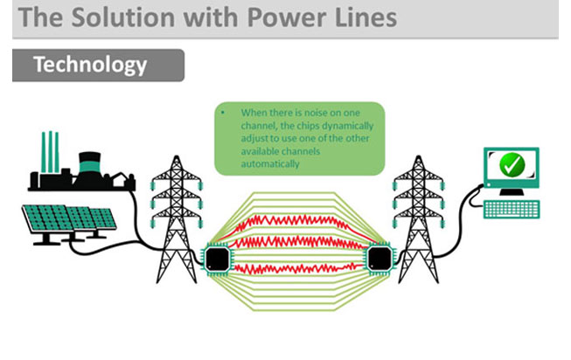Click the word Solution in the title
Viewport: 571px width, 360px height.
[x=123, y=17]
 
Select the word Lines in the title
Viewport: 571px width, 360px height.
[x=366, y=17]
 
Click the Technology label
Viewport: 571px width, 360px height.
[x=90, y=65]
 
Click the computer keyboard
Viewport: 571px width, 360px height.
[x=512, y=210]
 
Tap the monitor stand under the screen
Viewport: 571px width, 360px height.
[x=512, y=192]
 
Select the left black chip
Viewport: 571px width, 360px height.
[x=218, y=259]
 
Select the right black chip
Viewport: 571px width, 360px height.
[x=380, y=259]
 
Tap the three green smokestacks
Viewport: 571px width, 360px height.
[x=50, y=152]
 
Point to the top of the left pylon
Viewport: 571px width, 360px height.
[x=177, y=156]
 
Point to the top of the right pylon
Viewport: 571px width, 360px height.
[x=419, y=156]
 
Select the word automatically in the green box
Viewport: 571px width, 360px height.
[x=270, y=164]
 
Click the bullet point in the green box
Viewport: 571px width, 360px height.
[x=223, y=113]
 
